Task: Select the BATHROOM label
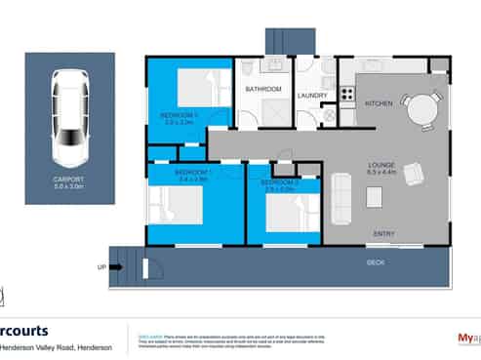pos(262,90)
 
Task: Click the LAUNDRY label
pos(312,95)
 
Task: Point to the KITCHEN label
pos(379,102)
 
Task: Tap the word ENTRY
pos(384,233)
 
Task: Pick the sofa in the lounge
pos(341,198)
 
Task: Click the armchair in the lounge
pos(414,174)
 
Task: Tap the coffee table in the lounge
pos(375,197)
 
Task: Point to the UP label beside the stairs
pos(101,265)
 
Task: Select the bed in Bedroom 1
pos(173,206)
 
